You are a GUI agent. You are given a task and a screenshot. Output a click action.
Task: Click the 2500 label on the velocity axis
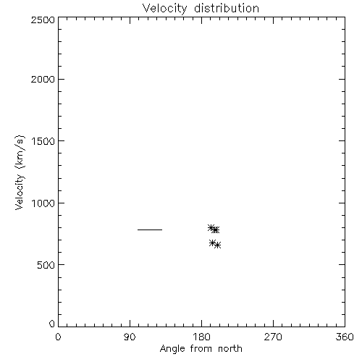pyautogui.click(x=43, y=20)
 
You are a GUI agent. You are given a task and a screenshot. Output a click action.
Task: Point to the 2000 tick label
pyautogui.click(x=43, y=79)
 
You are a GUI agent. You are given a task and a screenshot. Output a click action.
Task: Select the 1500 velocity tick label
pyautogui.click(x=43, y=141)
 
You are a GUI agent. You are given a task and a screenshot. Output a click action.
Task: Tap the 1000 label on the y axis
pyautogui.click(x=43, y=203)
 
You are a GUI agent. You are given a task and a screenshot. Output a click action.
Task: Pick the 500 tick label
pyautogui.click(x=46, y=265)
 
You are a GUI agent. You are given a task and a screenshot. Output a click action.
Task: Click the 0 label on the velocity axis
pyautogui.click(x=52, y=324)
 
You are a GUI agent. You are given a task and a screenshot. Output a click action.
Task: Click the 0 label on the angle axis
pyautogui.click(x=58, y=337)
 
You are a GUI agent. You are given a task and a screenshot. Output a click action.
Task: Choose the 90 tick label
pyautogui.click(x=130, y=337)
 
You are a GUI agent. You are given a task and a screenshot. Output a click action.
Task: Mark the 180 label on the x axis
pyautogui.click(x=201, y=337)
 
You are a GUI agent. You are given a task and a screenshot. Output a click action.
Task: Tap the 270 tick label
pyautogui.click(x=273, y=337)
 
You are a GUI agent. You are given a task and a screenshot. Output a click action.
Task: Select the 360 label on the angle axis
pyautogui.click(x=345, y=337)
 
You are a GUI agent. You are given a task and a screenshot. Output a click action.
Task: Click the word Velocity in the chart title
pyautogui.click(x=165, y=9)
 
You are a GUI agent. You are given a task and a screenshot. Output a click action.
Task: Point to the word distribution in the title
pyautogui.click(x=227, y=8)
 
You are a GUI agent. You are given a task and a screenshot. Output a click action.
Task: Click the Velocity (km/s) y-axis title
pyautogui.click(x=20, y=172)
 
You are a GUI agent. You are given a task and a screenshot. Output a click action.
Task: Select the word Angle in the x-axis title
pyautogui.click(x=172, y=349)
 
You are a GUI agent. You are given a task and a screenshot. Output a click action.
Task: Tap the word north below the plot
pyautogui.click(x=230, y=349)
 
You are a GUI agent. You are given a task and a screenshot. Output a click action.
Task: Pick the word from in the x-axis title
pyautogui.click(x=201, y=349)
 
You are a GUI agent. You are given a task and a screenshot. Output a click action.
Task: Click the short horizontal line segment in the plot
pyautogui.click(x=150, y=230)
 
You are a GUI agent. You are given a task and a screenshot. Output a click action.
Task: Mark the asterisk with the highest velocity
pyautogui.click(x=211, y=227)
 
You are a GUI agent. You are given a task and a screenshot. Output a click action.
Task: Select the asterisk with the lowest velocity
pyautogui.click(x=217, y=245)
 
